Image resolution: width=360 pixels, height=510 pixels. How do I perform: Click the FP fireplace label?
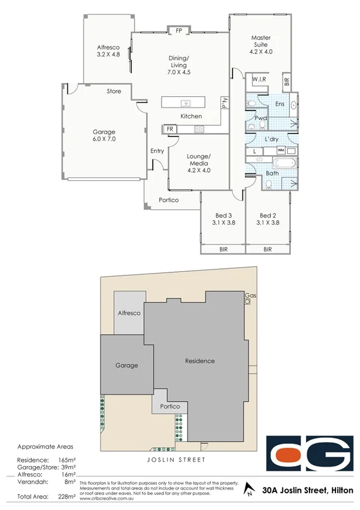[x=178, y=31]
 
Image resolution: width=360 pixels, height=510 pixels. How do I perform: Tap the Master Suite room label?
[x=260, y=45]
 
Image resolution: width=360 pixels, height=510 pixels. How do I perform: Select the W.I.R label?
[x=259, y=79]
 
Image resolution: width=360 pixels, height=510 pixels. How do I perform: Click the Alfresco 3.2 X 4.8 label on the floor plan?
[x=109, y=51]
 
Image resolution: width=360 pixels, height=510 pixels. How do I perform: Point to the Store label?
[x=114, y=91]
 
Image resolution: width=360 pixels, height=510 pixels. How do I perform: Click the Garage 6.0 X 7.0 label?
[x=103, y=135]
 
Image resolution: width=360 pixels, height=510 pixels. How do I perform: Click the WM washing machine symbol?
[x=281, y=150]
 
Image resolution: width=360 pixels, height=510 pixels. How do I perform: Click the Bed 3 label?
[x=222, y=219]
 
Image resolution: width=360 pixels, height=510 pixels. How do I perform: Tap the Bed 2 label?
[x=267, y=219]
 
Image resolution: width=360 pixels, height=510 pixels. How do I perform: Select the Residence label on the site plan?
[x=200, y=361]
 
